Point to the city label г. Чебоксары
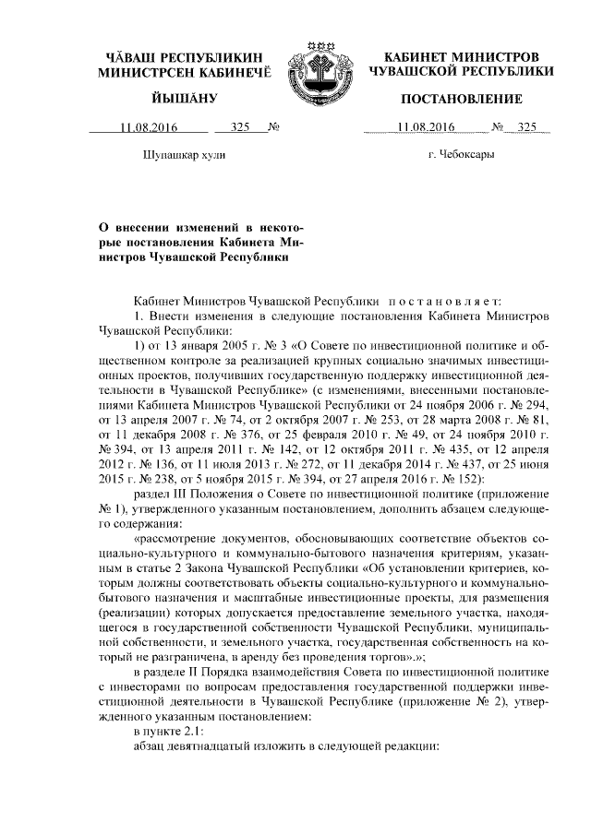point(461,155)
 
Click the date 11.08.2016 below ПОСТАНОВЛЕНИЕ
point(424,127)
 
